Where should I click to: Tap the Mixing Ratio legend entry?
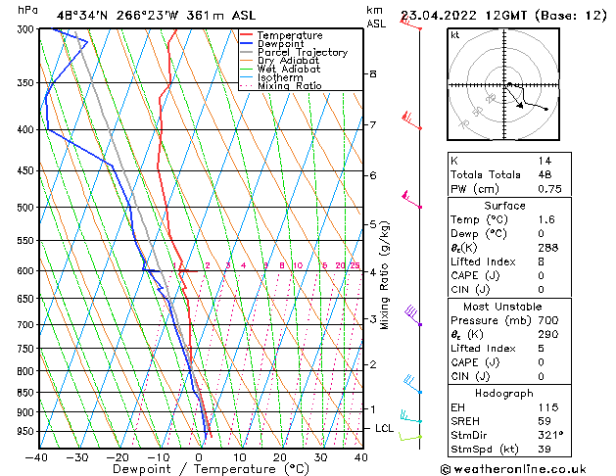(x=290, y=86)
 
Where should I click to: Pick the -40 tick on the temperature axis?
(x=37, y=456)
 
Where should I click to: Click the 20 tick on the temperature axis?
(x=280, y=456)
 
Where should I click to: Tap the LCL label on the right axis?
(x=385, y=429)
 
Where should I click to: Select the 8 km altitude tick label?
(x=373, y=74)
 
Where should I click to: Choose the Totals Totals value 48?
(x=545, y=174)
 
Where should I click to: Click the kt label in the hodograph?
(x=454, y=34)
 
